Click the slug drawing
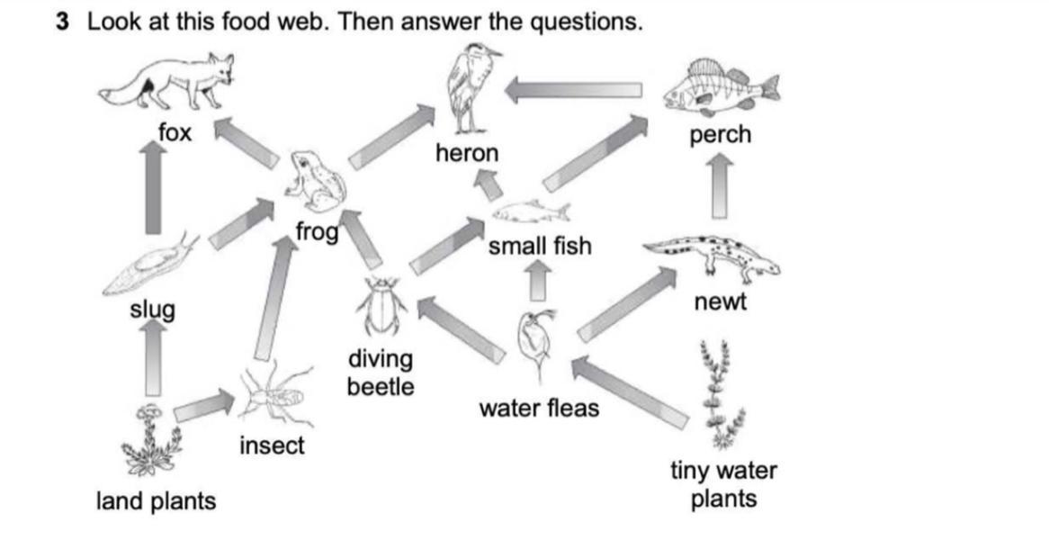pos(148,266)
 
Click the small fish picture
pos(531,212)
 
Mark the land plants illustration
pos(149,441)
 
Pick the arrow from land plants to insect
pos(203,406)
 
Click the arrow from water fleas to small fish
pos(538,279)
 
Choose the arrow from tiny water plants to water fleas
pos(629,391)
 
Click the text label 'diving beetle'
pos(381,373)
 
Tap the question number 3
pos(62,22)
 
